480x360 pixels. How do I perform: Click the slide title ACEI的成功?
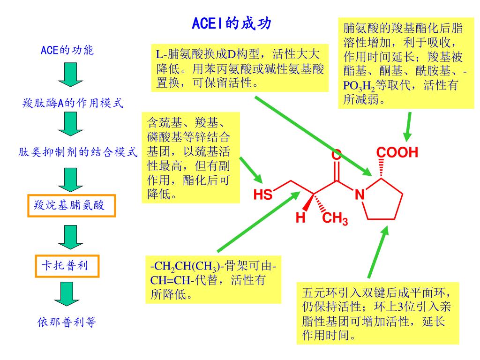[232, 23]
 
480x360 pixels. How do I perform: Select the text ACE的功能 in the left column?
[67, 50]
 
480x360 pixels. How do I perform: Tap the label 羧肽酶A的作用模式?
[73, 103]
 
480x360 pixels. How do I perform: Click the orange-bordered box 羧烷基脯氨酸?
[72, 205]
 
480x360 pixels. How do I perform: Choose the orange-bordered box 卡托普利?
[67, 266]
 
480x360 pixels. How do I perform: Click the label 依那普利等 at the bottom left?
[67, 322]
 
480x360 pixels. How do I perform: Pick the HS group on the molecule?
[262, 195]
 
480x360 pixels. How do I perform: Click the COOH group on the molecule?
[397, 153]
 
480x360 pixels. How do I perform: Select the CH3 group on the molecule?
[335, 219]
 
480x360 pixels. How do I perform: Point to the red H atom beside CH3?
[300, 218]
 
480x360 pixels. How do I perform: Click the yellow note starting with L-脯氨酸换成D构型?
[240, 67]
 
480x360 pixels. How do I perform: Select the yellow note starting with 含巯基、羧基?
[190, 157]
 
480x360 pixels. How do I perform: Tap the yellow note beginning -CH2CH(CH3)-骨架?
[213, 280]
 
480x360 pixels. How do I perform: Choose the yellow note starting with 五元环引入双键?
[378, 314]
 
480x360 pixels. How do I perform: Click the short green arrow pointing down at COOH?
[408, 126]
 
